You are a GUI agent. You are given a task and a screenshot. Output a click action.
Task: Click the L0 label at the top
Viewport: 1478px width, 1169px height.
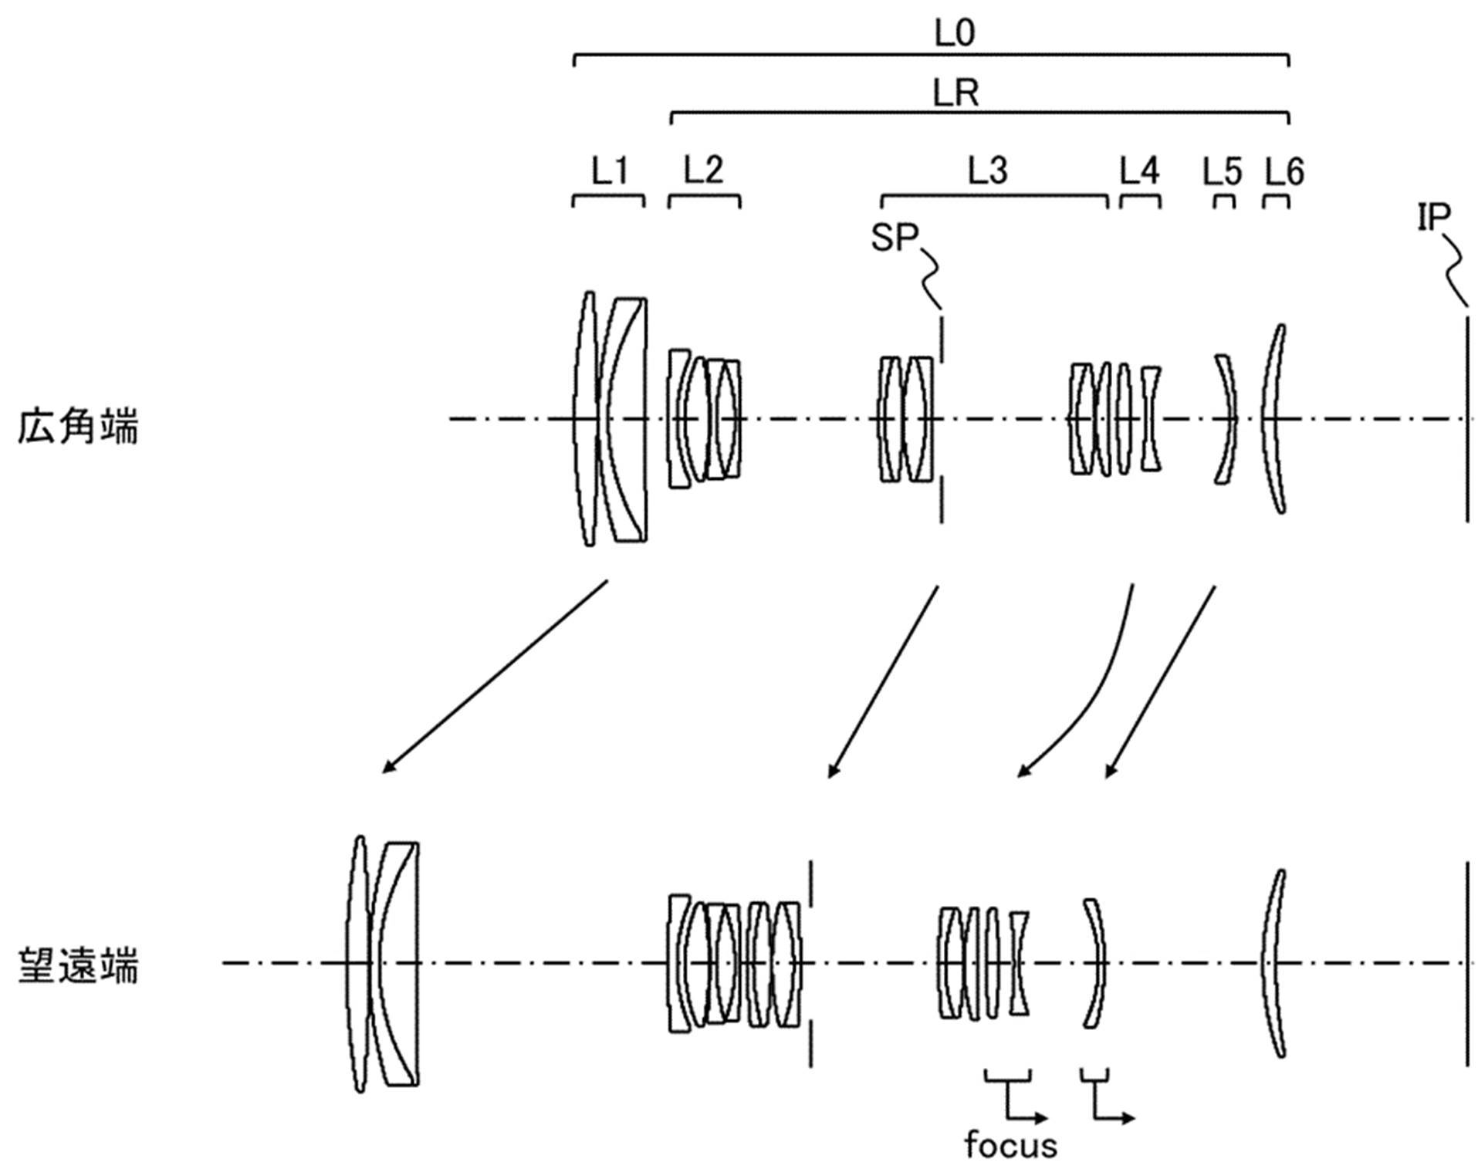point(955,33)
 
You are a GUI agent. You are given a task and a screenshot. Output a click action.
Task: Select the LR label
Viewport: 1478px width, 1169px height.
point(956,94)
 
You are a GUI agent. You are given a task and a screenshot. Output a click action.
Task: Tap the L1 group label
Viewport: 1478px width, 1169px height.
point(610,171)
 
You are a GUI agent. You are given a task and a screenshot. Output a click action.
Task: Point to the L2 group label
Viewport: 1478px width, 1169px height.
point(704,171)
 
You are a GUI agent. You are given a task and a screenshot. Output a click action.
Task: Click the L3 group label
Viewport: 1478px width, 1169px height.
point(988,171)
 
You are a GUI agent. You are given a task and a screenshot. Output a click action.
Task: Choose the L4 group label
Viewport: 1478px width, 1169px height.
point(1140,171)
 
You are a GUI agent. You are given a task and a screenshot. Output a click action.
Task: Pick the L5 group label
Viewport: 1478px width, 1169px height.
point(1223,171)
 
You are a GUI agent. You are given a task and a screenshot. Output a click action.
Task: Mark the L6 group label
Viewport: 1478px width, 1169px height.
point(1284,171)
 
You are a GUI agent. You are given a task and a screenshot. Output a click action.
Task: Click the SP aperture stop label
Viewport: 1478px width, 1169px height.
point(894,237)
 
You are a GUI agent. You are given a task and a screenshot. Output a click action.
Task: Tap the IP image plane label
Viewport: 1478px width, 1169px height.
point(1434,218)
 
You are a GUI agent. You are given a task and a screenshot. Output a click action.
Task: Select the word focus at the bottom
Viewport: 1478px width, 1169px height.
point(1010,1145)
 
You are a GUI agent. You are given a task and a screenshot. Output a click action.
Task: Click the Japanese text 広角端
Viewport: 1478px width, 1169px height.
point(78,427)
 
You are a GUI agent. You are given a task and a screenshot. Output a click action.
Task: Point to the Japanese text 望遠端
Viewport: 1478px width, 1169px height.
point(78,966)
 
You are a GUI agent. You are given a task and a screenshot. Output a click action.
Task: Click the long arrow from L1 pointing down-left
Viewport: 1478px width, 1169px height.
point(495,677)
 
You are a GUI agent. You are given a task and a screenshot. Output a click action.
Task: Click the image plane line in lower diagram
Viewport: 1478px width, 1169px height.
point(1467,965)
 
